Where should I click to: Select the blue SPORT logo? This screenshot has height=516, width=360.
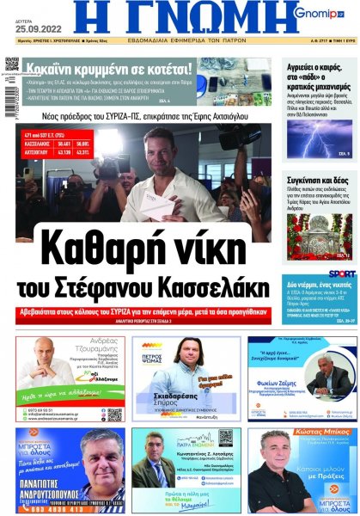click(340, 274)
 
